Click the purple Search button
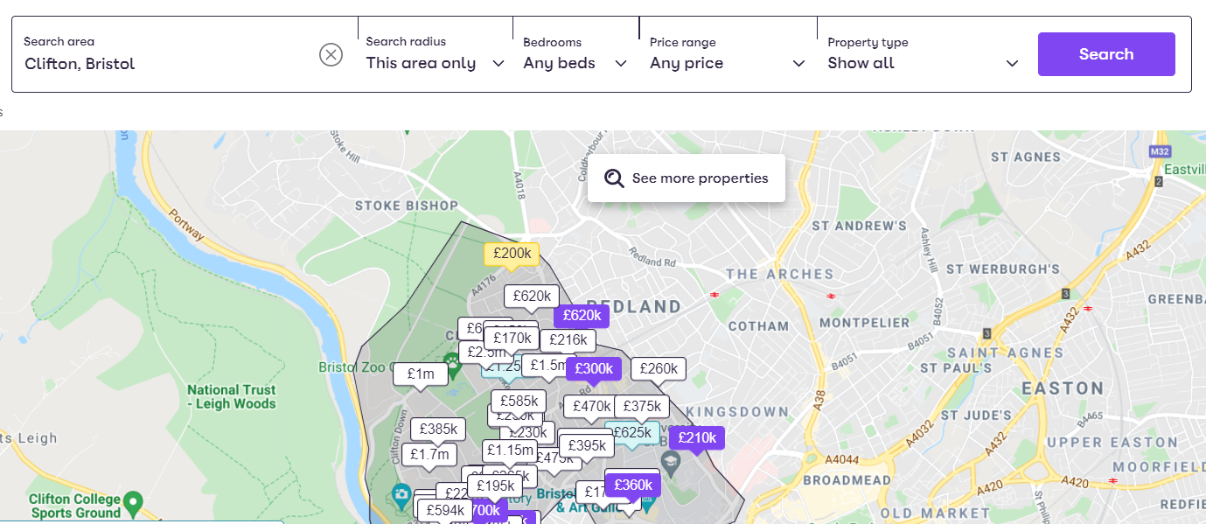tap(1105, 54)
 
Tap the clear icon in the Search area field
tap(331, 55)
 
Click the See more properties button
tap(687, 178)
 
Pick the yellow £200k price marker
tap(512, 254)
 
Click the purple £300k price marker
tap(593, 369)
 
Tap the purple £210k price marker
tap(696, 437)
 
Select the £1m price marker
tap(420, 374)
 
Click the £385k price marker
tap(438, 430)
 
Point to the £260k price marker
tap(659, 369)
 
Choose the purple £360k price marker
tap(633, 485)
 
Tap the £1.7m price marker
tap(429, 455)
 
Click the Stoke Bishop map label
tap(407, 206)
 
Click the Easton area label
tap(1063, 388)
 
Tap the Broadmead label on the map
tap(847, 480)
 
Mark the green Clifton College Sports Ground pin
tap(133, 502)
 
